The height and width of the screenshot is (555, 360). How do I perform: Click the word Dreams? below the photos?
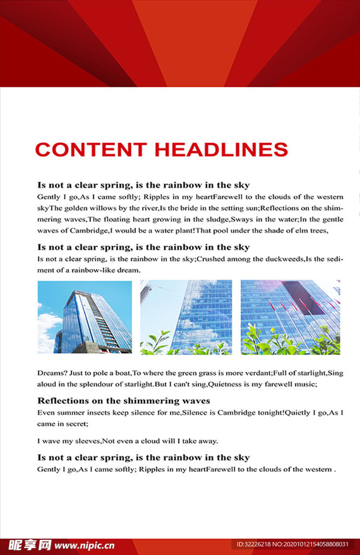[x=51, y=373]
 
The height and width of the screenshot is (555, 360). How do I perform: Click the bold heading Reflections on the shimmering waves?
[x=124, y=401]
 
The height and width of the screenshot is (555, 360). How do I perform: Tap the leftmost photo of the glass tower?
[x=85, y=317]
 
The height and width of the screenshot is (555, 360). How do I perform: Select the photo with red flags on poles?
[x=290, y=317]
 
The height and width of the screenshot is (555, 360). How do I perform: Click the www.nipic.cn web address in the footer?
[x=85, y=545]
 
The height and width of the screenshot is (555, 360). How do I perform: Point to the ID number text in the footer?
[x=293, y=544]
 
